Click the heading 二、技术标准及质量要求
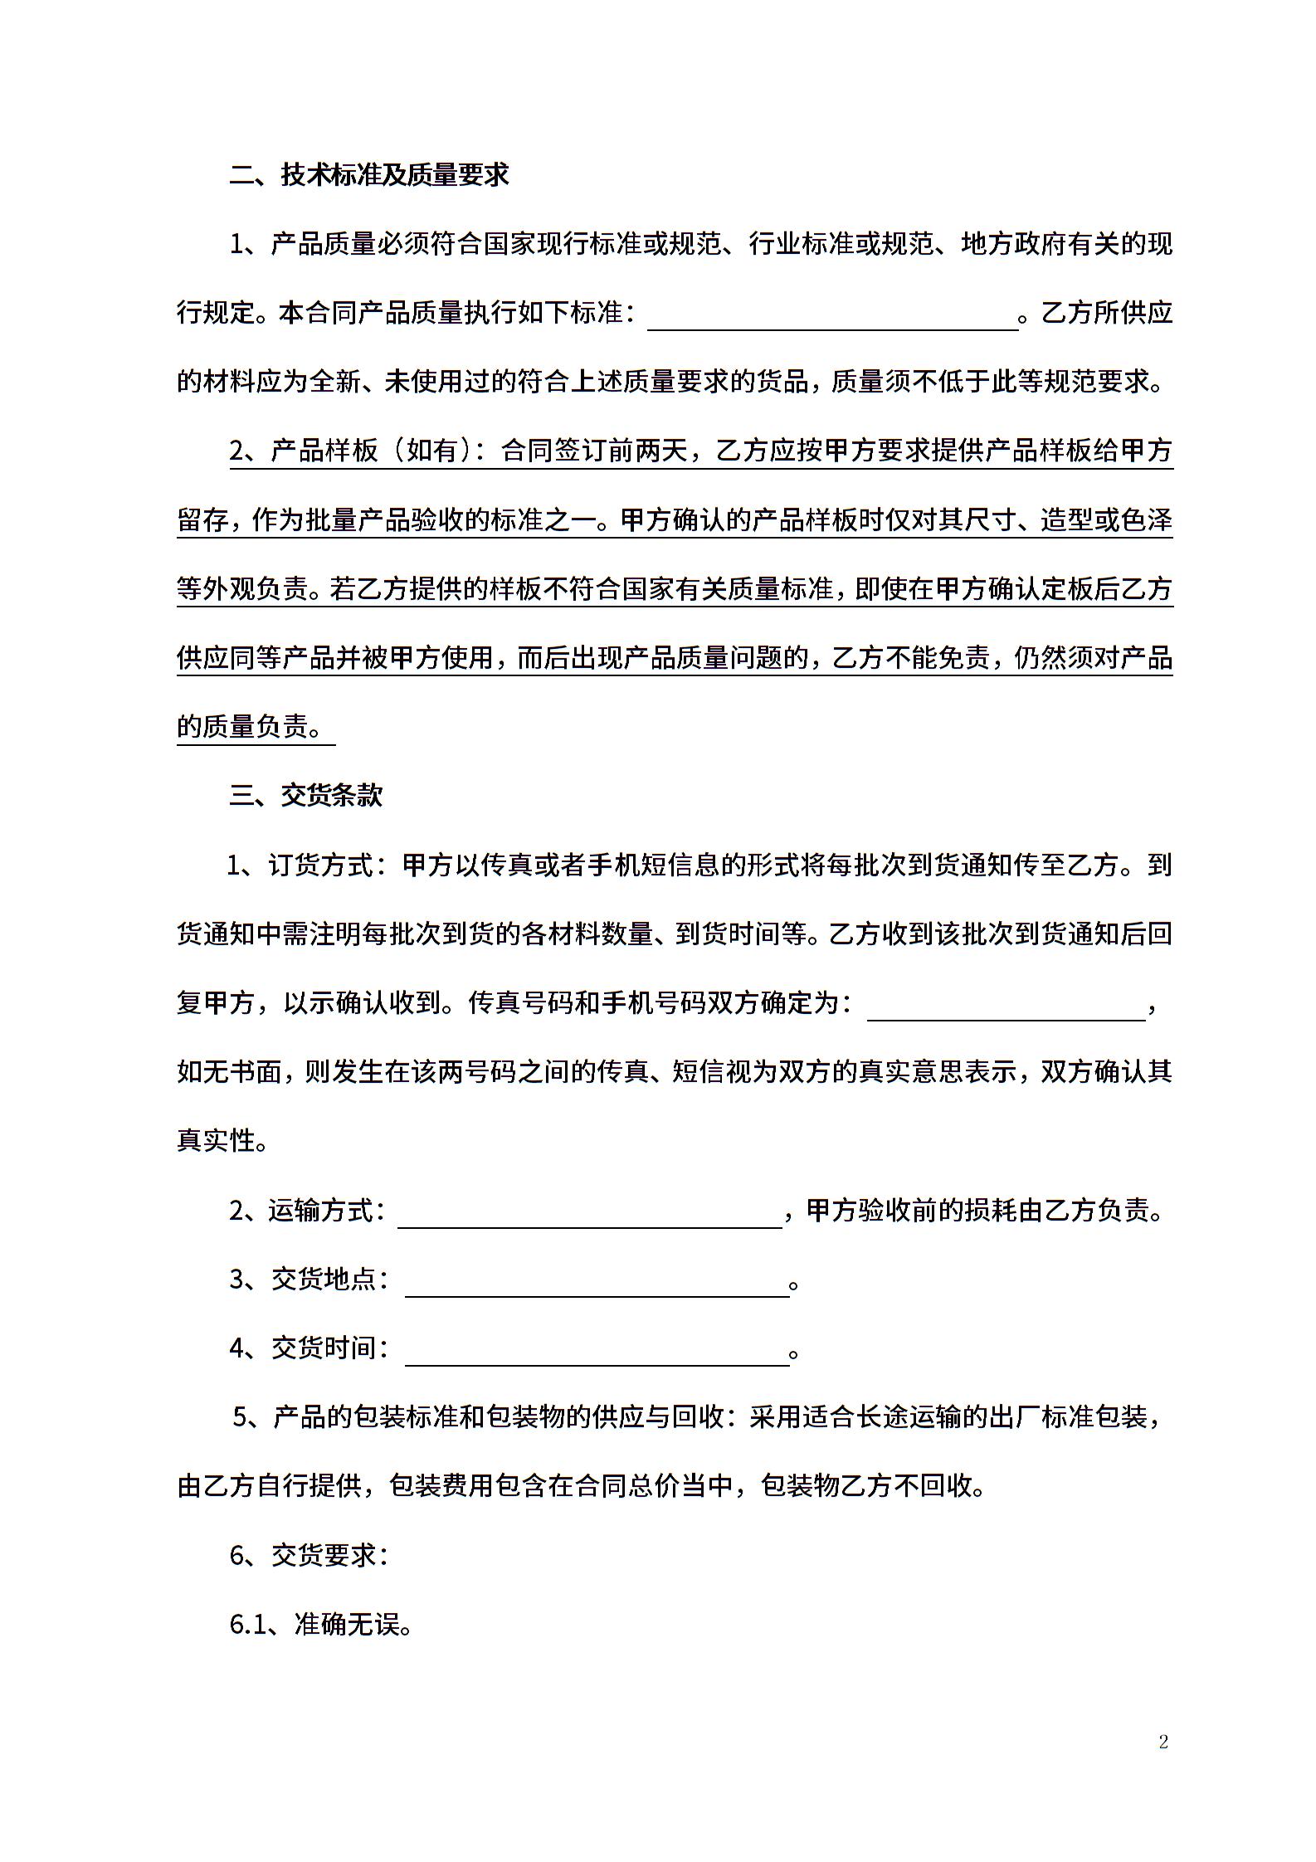coord(369,175)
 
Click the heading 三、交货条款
coord(306,795)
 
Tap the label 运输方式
coord(326,1211)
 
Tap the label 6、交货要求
coord(309,1555)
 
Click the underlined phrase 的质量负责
coord(249,727)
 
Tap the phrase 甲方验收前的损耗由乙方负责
coord(984,1211)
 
